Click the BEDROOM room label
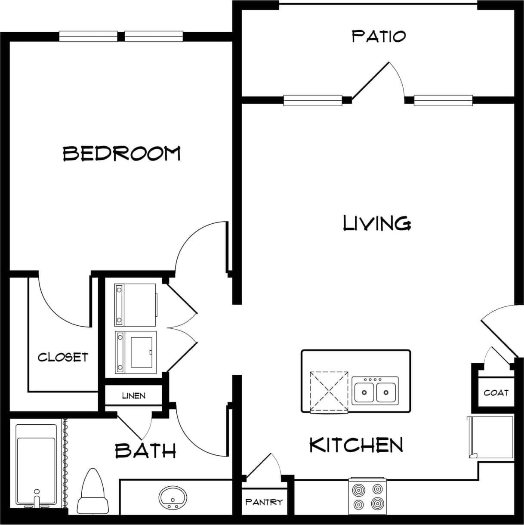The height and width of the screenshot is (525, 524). pyautogui.click(x=122, y=154)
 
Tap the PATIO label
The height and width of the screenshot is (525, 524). pyautogui.click(x=379, y=36)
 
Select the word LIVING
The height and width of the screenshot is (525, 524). pyautogui.click(x=377, y=223)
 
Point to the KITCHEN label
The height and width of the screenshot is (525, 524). pyautogui.click(x=356, y=445)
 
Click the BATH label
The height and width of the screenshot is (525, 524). pyautogui.click(x=145, y=451)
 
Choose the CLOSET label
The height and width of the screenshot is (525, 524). pyautogui.click(x=63, y=357)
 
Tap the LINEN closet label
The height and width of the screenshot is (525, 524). pyautogui.click(x=134, y=395)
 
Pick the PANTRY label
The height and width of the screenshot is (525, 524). pyautogui.click(x=264, y=502)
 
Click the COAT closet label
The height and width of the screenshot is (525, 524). pyautogui.click(x=496, y=392)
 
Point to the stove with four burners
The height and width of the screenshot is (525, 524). pyautogui.click(x=367, y=496)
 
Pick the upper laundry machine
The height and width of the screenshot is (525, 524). pyautogui.click(x=135, y=304)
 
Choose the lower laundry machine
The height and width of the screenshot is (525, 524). pyautogui.click(x=135, y=352)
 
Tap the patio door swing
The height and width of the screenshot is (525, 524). pyautogui.click(x=379, y=82)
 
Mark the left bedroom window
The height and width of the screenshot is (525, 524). pyautogui.click(x=88, y=37)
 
